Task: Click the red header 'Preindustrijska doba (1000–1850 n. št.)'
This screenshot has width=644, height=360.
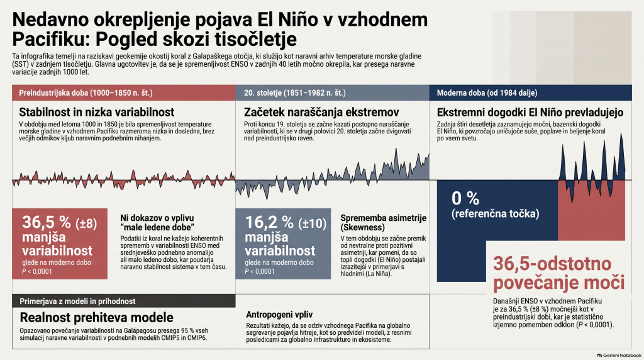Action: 124,93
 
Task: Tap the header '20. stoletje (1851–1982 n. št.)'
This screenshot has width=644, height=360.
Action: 332,93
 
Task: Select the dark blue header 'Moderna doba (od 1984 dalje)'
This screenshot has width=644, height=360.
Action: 530,93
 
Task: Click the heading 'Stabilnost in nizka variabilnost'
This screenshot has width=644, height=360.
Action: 96,112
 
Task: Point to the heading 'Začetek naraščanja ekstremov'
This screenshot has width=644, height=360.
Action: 321,112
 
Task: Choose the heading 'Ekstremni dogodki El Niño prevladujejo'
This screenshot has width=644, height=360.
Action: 530,112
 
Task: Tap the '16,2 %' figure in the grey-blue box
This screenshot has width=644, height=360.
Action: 269,222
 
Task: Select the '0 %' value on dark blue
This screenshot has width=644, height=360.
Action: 465,198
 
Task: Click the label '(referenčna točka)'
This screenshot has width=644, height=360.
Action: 496,214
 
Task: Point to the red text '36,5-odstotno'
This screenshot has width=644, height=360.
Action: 552,264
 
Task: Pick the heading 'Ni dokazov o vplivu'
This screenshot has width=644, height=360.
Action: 157,218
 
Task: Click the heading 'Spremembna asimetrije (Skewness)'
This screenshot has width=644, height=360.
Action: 383,222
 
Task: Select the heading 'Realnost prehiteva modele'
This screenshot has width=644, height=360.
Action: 96,317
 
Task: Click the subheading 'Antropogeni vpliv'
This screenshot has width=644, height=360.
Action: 279,315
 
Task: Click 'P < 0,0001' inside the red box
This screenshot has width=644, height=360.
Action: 37,271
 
